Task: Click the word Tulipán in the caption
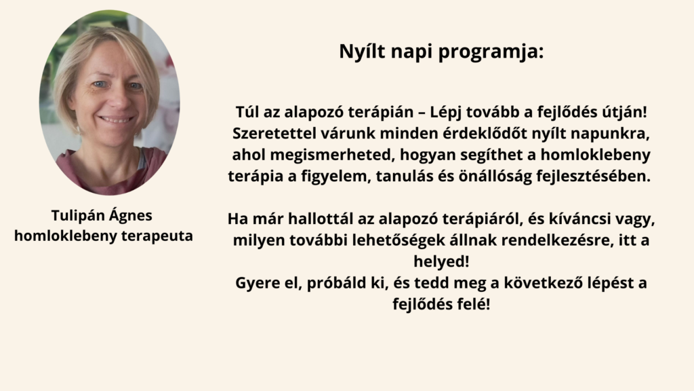[x=78, y=216]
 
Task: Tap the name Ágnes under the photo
[x=131, y=216]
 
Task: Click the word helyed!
[x=441, y=261]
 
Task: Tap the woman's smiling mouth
[x=116, y=119]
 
